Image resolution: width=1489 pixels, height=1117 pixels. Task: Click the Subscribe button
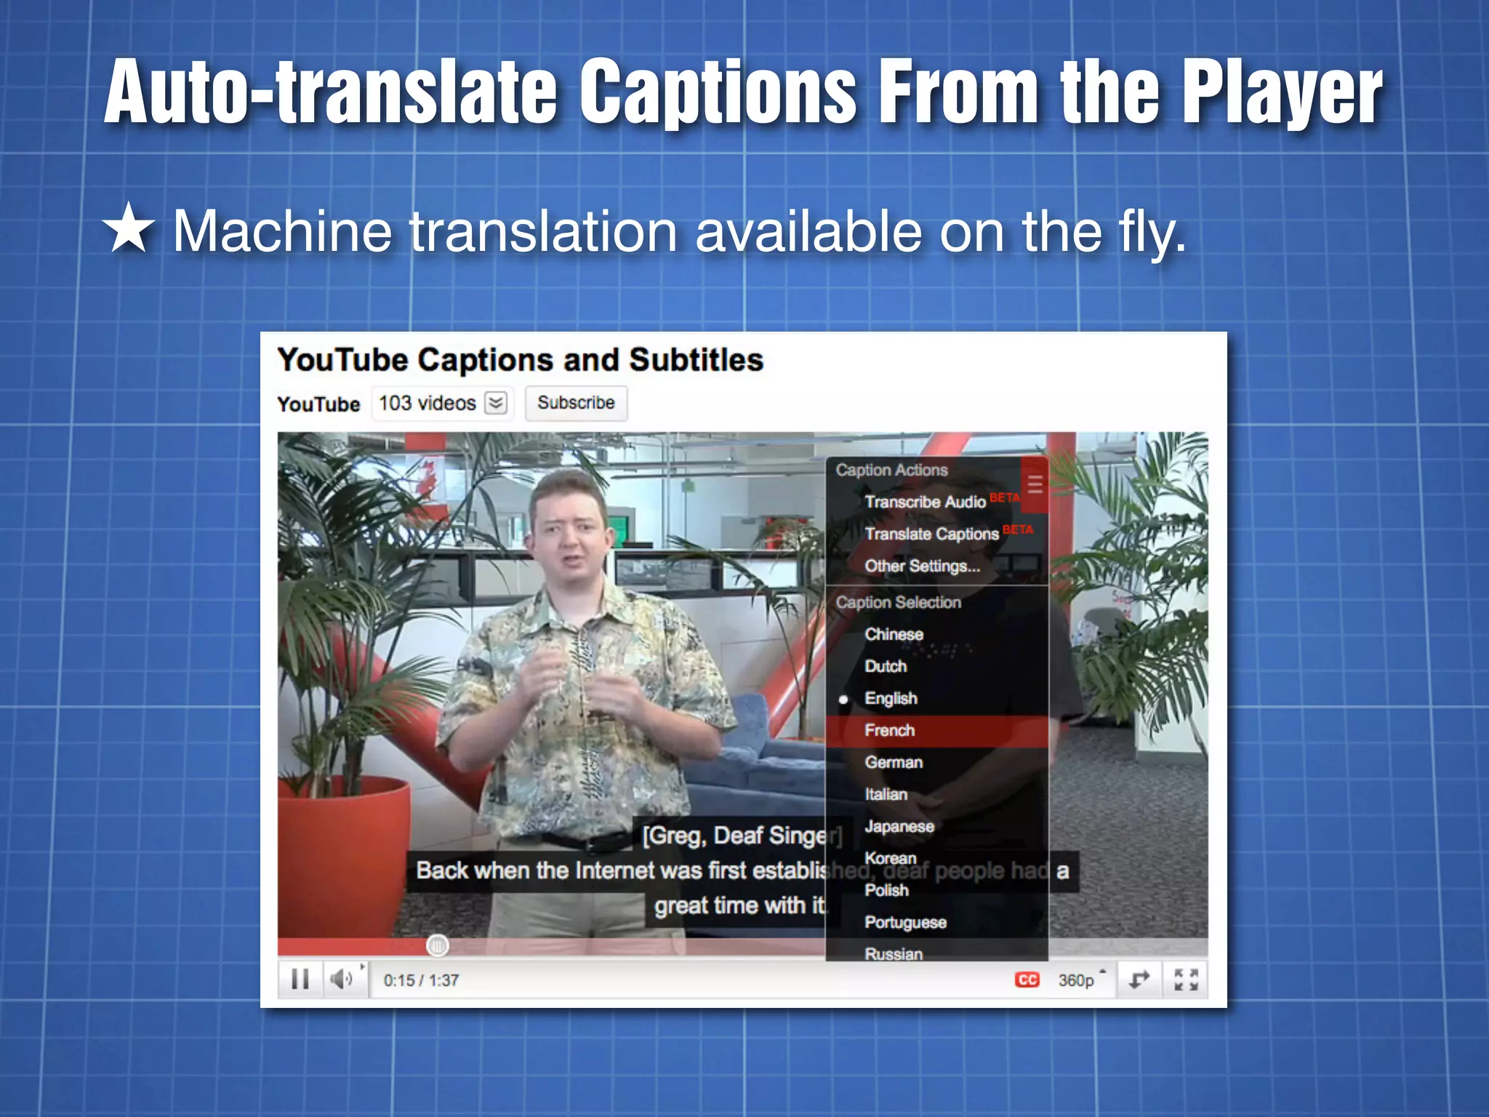point(576,403)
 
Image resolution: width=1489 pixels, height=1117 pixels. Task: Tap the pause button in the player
point(300,980)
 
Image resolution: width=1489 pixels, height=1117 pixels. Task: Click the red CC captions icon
point(1027,980)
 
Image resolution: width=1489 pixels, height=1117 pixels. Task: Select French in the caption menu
point(890,730)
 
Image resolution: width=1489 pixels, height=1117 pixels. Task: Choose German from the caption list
point(894,762)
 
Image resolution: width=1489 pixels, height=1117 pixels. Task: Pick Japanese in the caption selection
point(899,826)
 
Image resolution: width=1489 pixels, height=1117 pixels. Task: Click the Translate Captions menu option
point(931,534)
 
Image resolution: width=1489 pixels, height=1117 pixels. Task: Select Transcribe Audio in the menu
point(925,502)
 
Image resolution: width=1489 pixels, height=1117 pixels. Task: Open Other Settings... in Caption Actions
point(922,566)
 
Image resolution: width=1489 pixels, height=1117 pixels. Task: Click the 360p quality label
point(1076,980)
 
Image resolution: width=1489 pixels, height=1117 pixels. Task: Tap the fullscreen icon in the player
point(1186,980)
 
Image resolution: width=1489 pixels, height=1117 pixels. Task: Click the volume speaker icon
point(341,980)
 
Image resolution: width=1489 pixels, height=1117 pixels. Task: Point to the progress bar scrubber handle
point(437,945)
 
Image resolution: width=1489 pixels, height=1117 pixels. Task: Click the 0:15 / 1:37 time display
point(421,980)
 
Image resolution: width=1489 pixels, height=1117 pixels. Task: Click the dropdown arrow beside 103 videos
point(496,403)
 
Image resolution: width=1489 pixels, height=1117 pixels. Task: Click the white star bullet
point(129,228)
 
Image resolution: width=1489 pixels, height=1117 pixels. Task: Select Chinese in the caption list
point(894,634)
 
